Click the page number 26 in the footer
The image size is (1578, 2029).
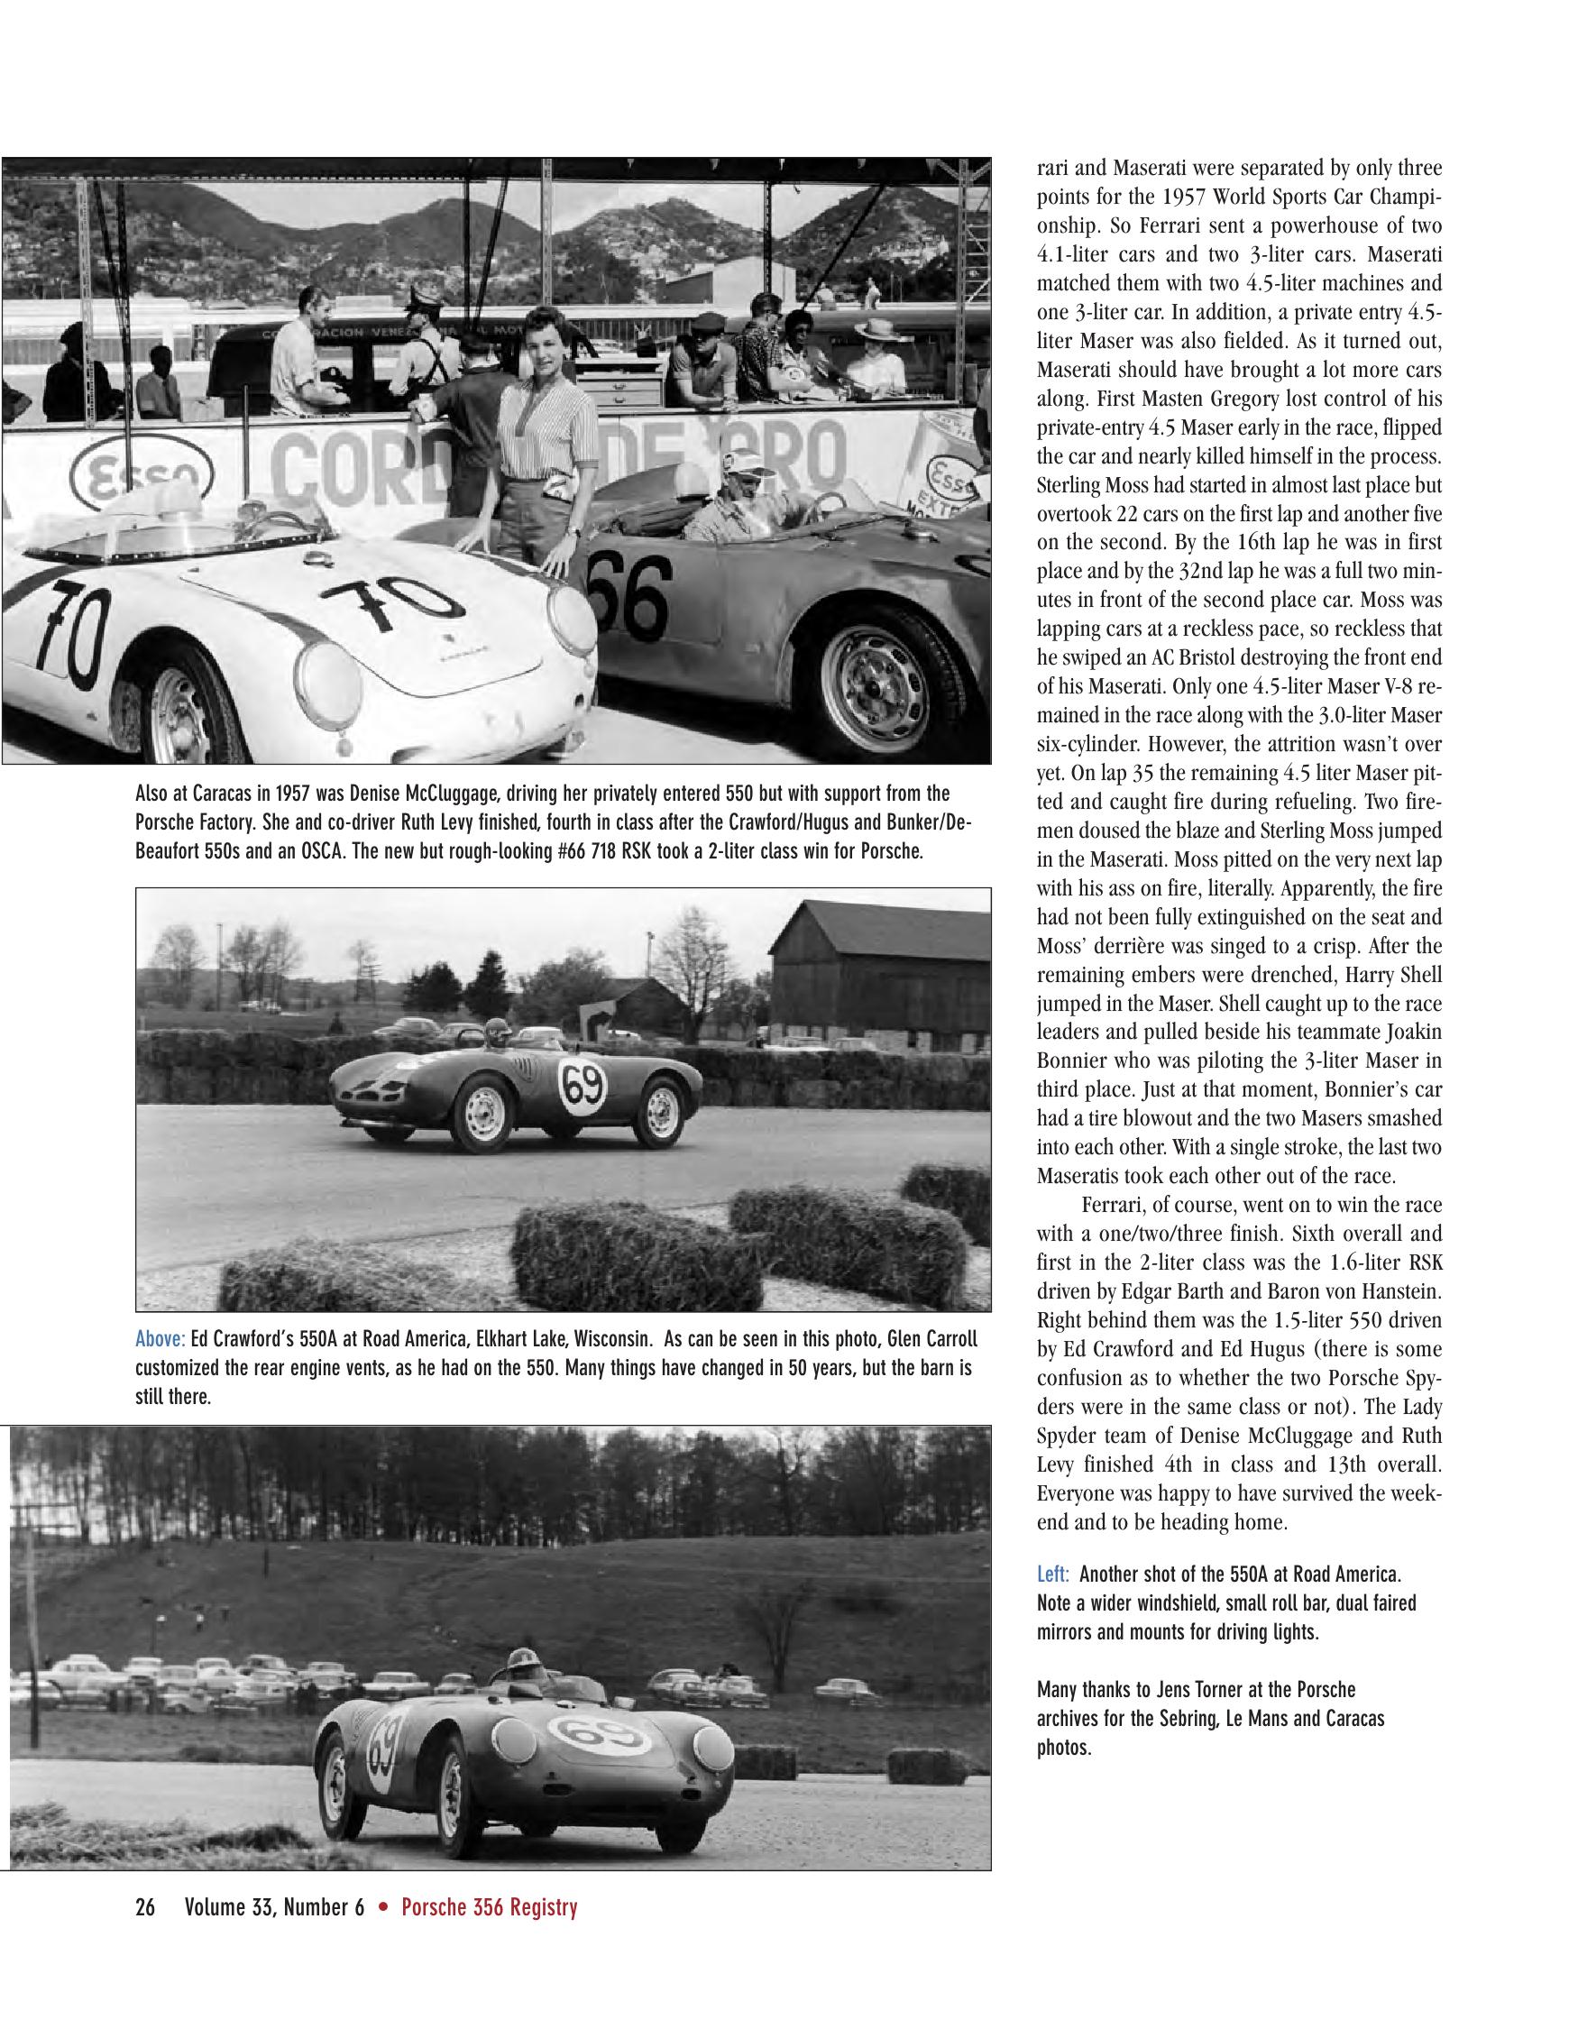tap(145, 1908)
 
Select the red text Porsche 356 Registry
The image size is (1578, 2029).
tap(489, 1908)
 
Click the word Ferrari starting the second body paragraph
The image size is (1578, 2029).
tap(1114, 1205)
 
